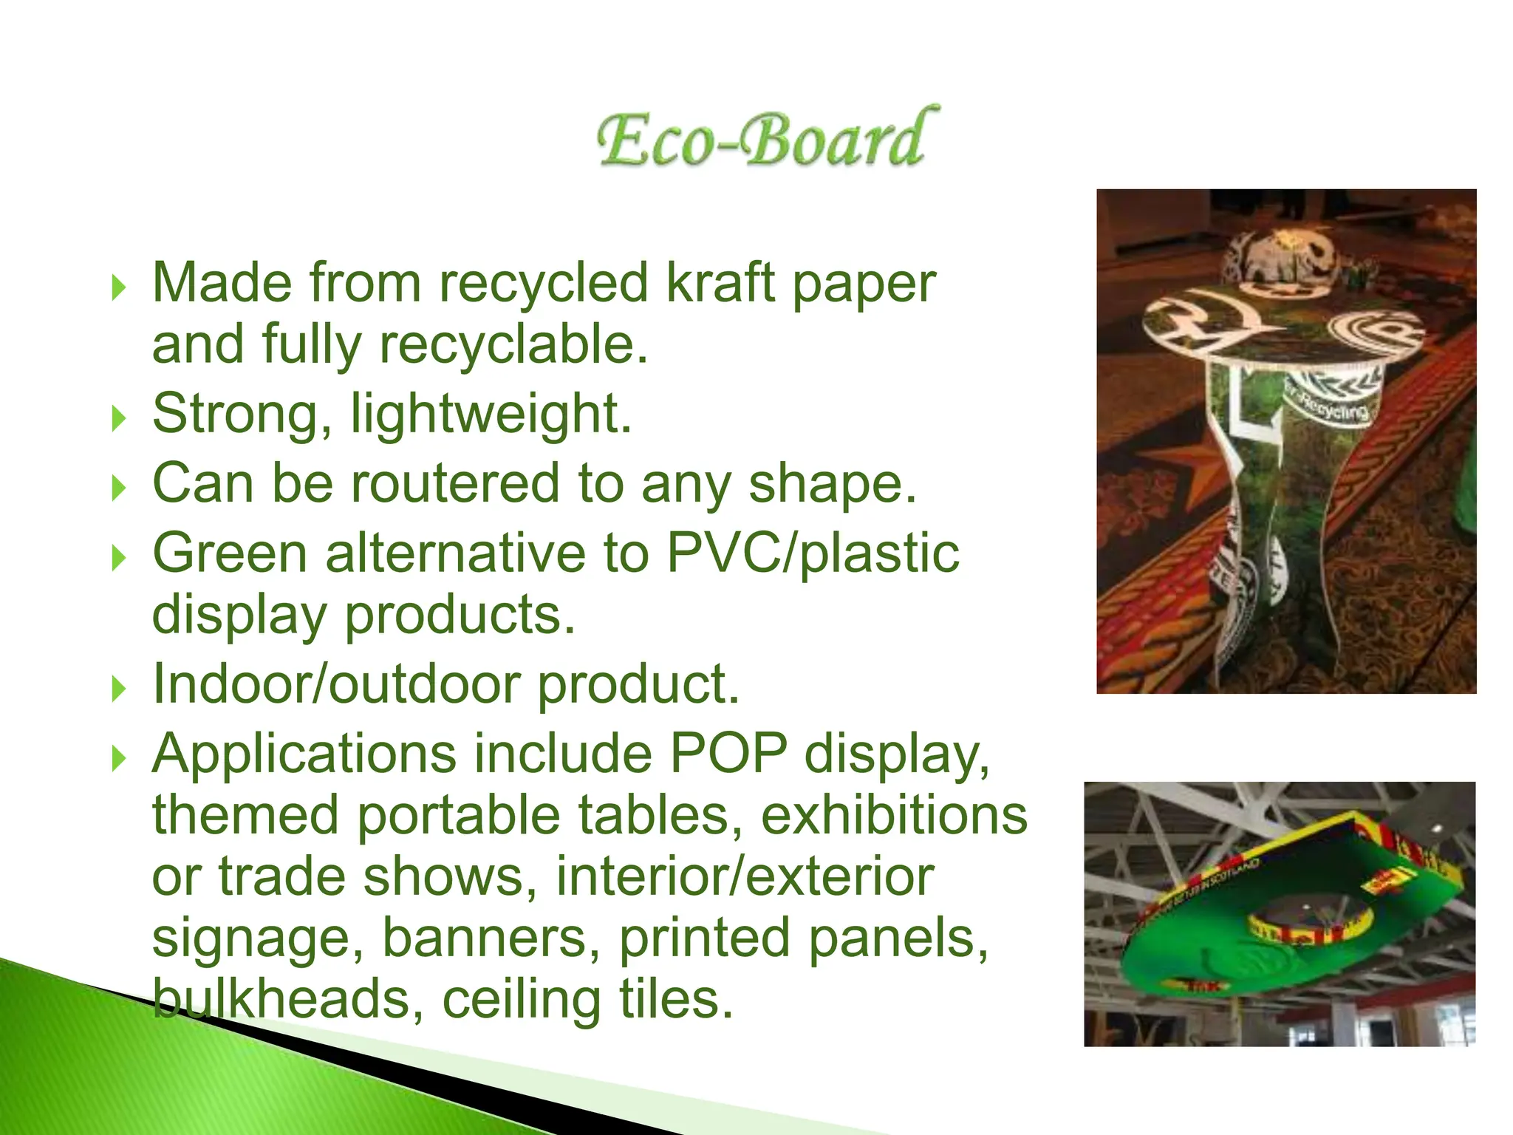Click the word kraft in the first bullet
click(720, 283)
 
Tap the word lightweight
click(491, 414)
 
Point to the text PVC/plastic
click(813, 553)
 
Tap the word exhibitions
click(894, 815)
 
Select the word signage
click(258, 938)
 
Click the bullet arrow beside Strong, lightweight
click(119, 419)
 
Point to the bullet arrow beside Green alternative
click(119, 558)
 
